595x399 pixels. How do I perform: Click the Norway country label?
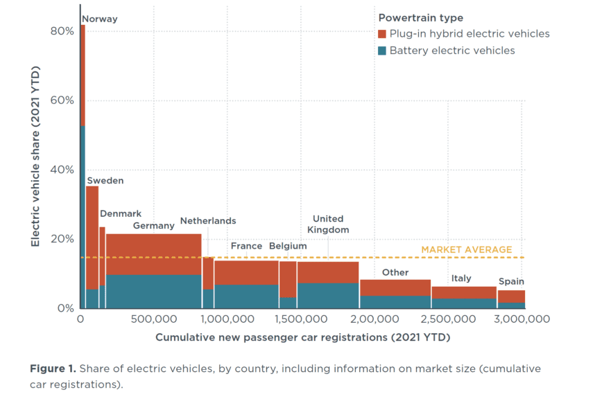(x=100, y=19)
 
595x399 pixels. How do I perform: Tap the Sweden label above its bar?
(x=105, y=181)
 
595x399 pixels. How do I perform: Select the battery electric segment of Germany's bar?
(x=153, y=292)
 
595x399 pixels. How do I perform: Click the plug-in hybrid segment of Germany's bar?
(x=153, y=254)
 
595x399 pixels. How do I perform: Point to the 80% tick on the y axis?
(x=62, y=31)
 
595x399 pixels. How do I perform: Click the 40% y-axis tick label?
(x=62, y=170)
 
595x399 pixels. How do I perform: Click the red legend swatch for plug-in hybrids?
(x=382, y=34)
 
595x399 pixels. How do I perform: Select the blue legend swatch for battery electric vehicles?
(x=382, y=51)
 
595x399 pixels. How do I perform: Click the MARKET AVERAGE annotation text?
(x=467, y=250)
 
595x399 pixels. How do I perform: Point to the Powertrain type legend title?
(x=420, y=18)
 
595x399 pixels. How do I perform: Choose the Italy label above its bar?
(x=461, y=278)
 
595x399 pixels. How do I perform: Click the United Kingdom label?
(x=327, y=224)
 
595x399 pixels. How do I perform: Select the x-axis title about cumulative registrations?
(x=302, y=338)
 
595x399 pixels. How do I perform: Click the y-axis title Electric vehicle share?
(x=35, y=157)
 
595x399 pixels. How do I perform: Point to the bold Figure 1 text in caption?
(x=53, y=369)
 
